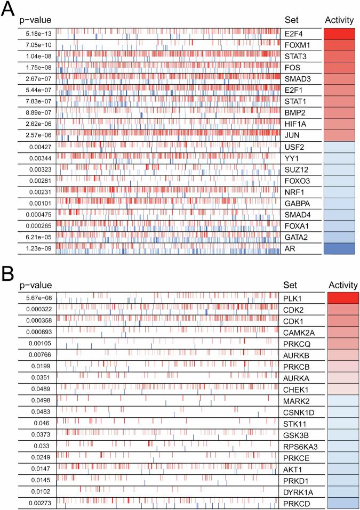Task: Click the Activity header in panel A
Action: pos(339,20)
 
